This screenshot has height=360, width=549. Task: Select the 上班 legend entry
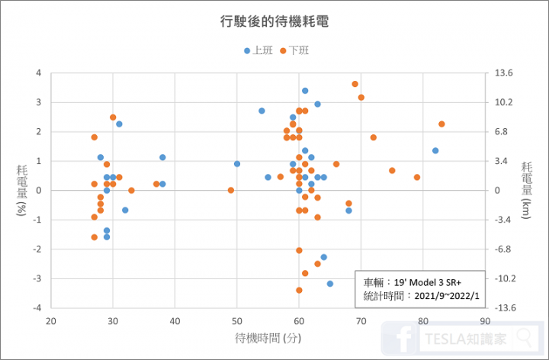coord(258,50)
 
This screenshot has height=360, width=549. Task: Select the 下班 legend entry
coord(294,50)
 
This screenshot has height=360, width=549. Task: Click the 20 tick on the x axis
coord(51,320)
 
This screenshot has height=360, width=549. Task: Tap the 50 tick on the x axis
coord(237,320)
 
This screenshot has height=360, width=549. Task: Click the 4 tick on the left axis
coord(37,73)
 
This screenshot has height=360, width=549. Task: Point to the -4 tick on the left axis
coord(36,307)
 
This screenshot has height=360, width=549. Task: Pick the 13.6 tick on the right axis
coord(505,73)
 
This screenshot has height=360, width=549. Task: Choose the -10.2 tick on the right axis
coord(506,278)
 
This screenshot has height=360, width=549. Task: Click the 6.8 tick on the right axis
coord(502,132)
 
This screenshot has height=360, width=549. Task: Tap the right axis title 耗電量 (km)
coord(527,190)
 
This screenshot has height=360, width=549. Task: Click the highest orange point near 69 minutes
coord(355,84)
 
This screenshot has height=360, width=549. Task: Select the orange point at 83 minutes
coord(441,124)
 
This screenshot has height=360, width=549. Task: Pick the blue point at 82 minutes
coord(435,150)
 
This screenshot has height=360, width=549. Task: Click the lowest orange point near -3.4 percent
coord(299,290)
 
